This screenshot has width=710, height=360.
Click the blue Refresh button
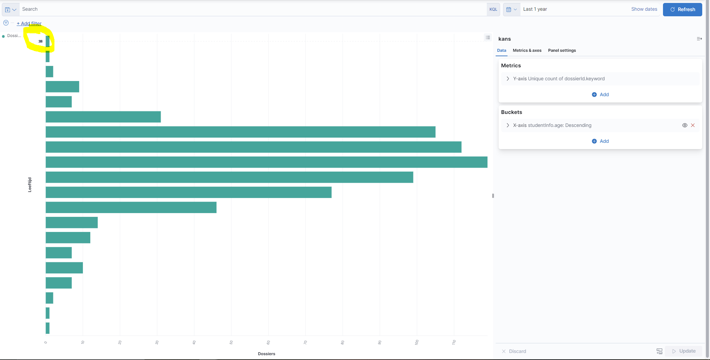click(682, 9)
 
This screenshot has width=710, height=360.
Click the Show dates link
click(644, 9)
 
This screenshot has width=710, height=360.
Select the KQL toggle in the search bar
click(493, 9)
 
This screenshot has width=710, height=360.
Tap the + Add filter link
click(29, 23)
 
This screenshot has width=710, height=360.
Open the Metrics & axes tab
click(527, 50)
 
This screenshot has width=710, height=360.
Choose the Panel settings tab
click(562, 50)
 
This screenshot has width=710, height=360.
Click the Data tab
click(502, 50)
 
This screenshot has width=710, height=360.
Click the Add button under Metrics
click(600, 94)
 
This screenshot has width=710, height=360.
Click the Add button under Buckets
click(600, 141)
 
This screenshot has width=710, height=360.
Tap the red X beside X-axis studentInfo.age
click(693, 125)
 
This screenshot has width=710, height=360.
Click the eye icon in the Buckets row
click(684, 125)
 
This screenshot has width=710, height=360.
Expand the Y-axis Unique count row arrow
click(508, 79)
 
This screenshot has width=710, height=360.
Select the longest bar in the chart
click(267, 162)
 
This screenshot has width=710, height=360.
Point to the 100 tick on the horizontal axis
click(417, 342)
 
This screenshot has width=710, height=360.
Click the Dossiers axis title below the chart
click(267, 354)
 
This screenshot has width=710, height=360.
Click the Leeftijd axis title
click(30, 185)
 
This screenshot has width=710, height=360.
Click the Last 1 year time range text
click(535, 9)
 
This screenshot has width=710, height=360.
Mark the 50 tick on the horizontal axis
click(231, 342)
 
